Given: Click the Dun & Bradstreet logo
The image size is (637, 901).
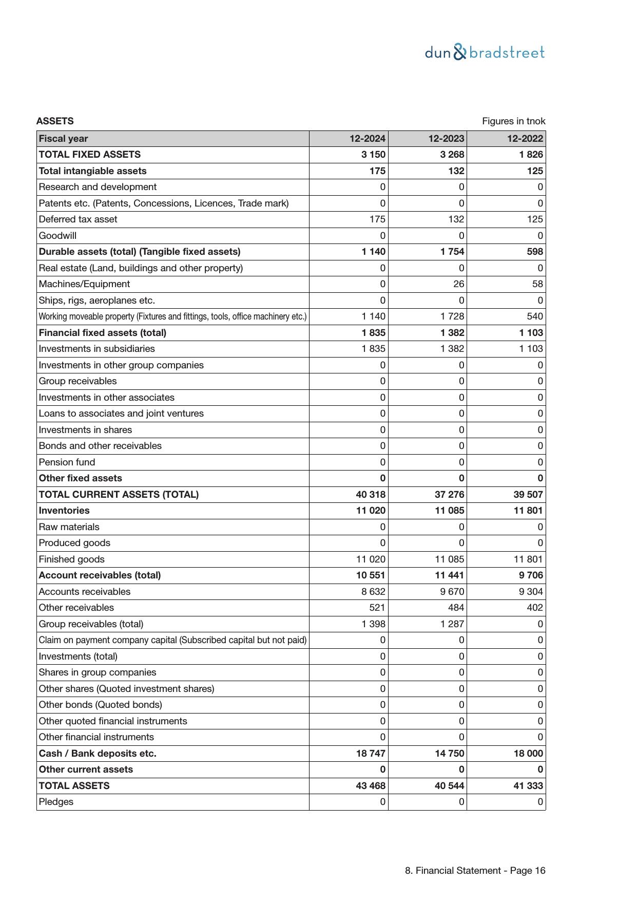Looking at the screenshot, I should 485,52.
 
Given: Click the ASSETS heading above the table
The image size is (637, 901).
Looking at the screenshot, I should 55,121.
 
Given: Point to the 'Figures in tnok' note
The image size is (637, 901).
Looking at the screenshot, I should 513,121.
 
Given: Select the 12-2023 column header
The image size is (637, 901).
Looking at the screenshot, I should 446,139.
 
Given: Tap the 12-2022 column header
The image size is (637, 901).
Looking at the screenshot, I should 525,139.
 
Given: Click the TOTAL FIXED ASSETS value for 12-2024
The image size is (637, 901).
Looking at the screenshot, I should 373,155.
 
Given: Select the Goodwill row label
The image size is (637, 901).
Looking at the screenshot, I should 57,236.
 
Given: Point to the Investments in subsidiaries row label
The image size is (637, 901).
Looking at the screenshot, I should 96,349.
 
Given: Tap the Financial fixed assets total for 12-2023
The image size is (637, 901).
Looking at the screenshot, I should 452,333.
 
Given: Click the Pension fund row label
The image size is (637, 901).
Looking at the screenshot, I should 67,462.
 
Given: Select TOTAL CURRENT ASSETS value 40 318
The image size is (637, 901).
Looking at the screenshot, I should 371,495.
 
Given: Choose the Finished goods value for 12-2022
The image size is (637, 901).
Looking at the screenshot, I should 528,559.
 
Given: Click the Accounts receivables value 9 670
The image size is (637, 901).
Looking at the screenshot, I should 452,592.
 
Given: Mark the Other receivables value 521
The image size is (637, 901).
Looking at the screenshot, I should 377,608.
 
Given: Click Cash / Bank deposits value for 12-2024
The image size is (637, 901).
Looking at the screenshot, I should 371,754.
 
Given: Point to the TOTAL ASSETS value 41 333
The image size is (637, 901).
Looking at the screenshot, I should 528,786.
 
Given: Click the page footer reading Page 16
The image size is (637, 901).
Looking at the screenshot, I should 475,871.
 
